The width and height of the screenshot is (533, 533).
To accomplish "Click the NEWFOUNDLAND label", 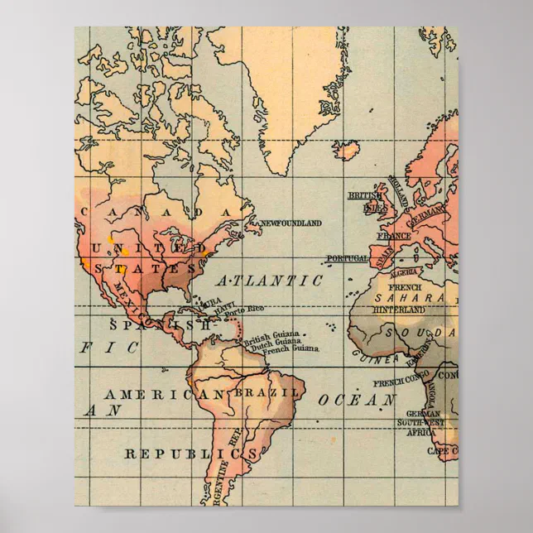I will (291, 223).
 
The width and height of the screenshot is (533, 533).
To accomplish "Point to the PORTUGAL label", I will (347, 258).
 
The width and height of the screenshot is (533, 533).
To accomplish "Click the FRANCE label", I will (394, 236).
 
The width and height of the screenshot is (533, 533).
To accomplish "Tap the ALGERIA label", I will (405, 272).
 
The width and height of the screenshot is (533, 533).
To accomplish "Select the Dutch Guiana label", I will (276, 342).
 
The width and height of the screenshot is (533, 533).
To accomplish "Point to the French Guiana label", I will (291, 348).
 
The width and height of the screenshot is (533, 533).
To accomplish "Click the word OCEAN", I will (357, 400).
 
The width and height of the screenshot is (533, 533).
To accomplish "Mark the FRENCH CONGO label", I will (401, 382).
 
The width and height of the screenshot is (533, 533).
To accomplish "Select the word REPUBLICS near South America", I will (190, 454).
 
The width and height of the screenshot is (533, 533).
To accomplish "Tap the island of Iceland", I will (347, 150).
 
